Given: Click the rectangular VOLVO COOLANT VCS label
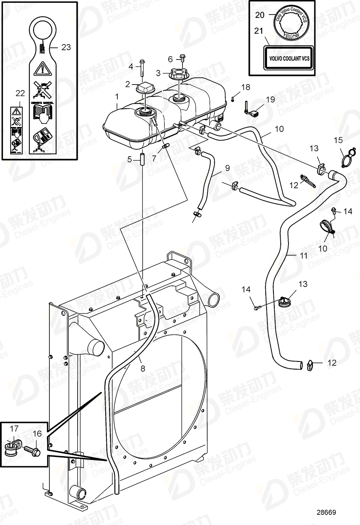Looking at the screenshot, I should coord(289,58).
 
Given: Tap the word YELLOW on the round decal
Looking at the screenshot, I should coord(290,35).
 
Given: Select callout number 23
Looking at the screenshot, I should coord(66,47).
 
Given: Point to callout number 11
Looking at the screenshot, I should coord(303,256).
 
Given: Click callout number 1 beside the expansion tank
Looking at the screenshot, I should coord(117,97).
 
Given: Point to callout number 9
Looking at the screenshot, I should coord(227,167).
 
